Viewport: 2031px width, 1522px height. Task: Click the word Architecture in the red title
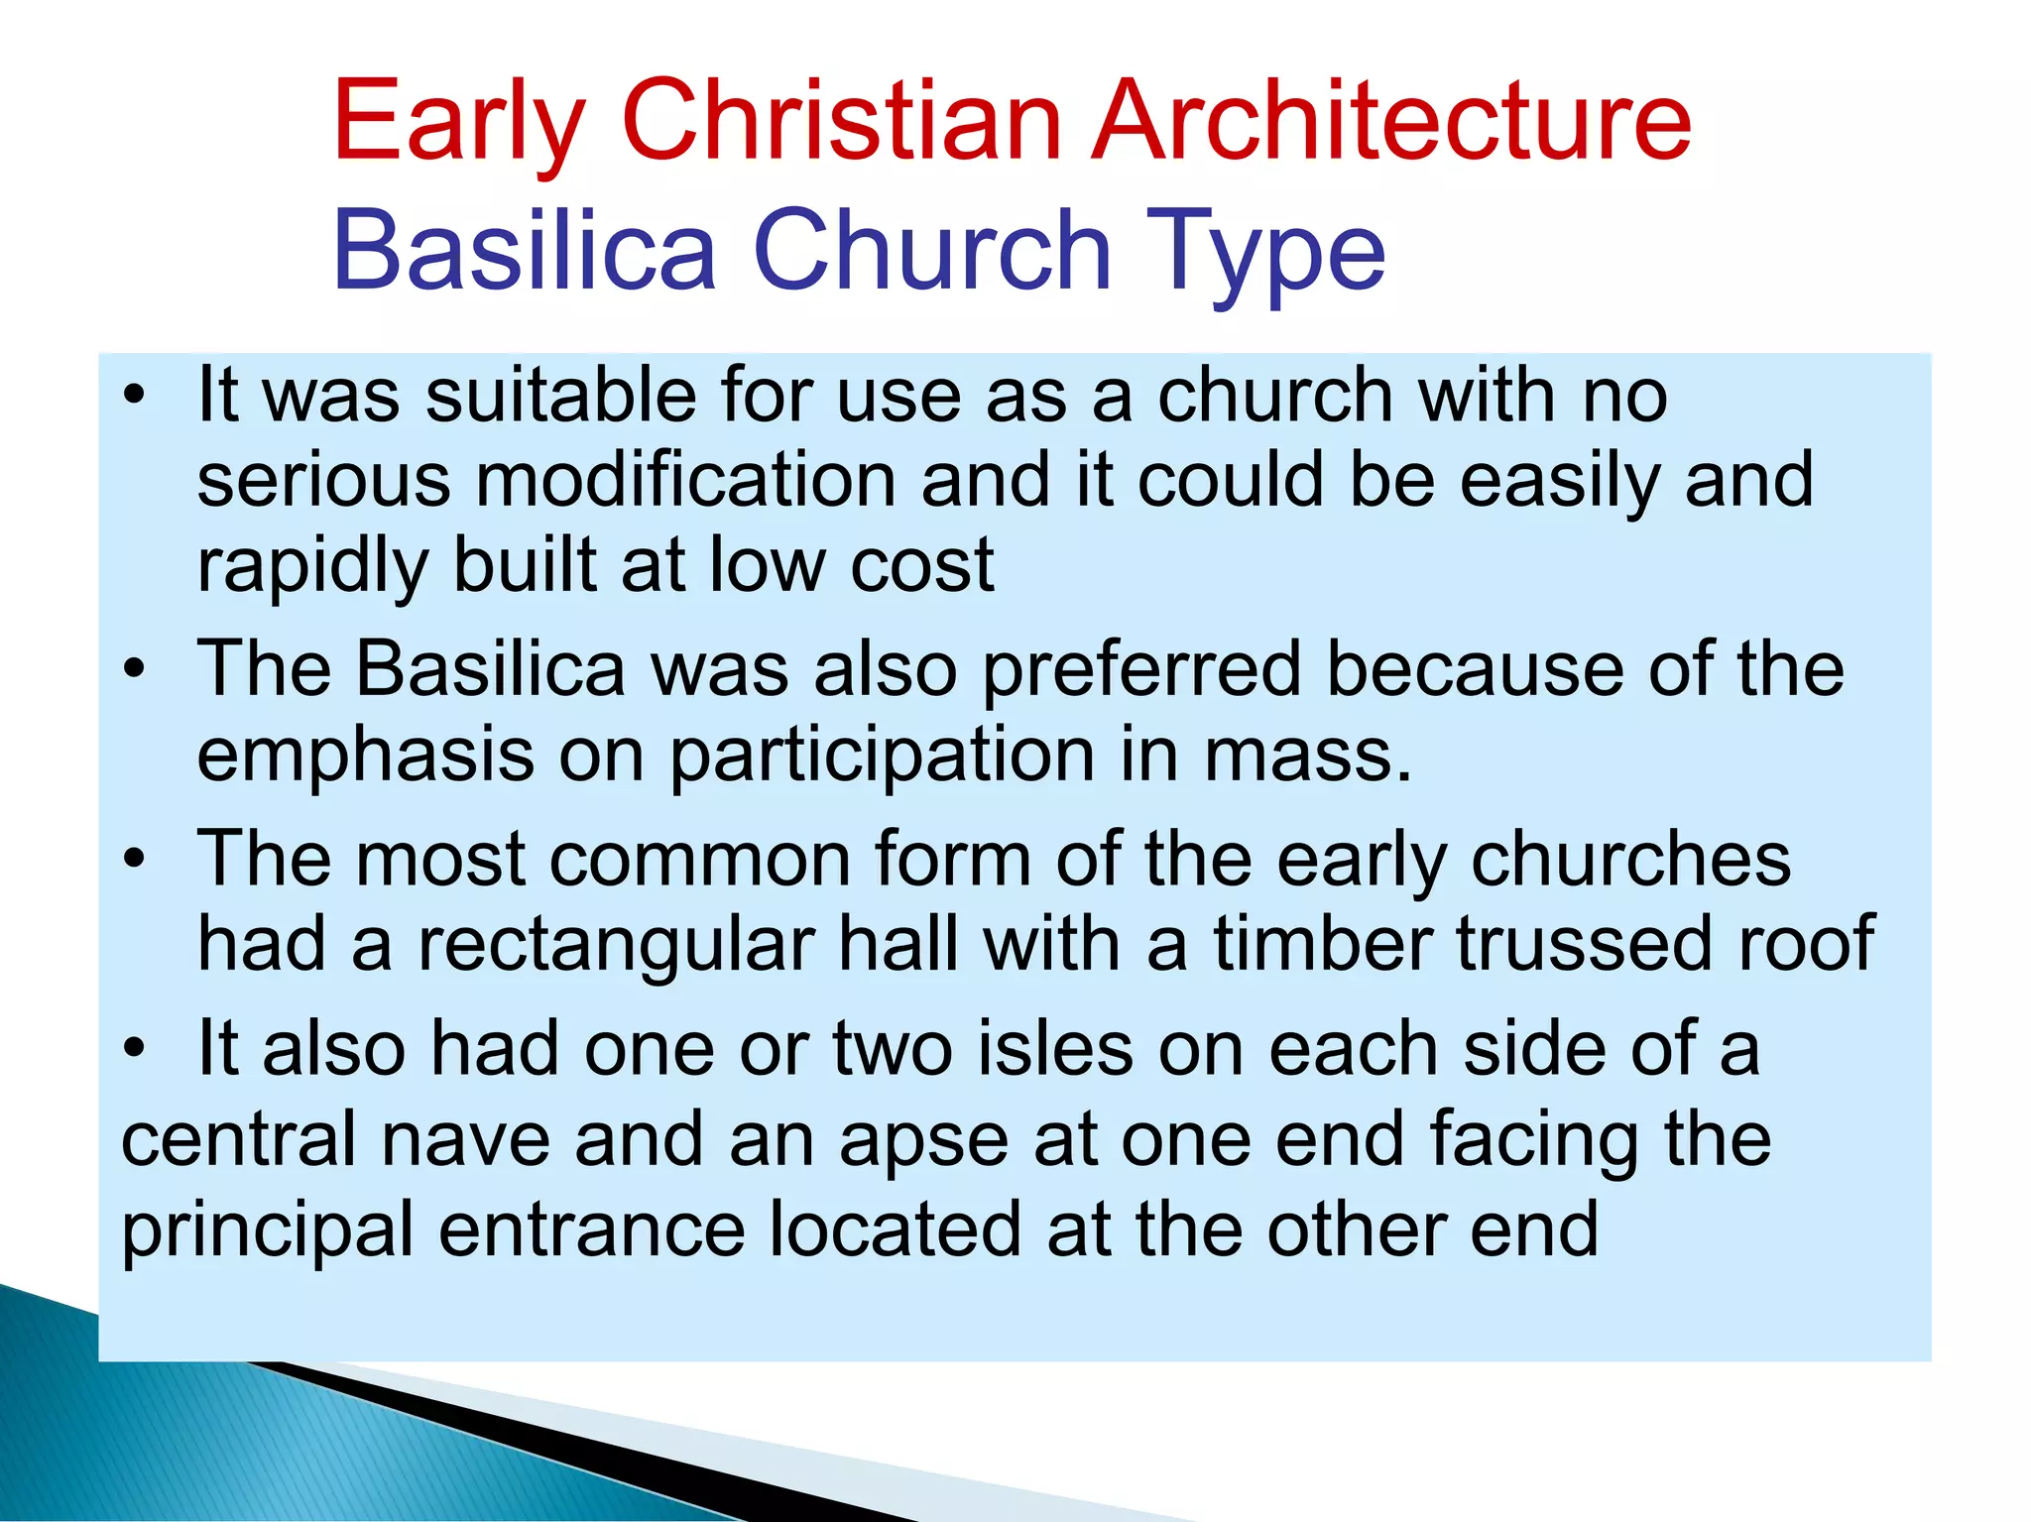[1390, 122]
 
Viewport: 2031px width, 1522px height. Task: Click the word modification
[684, 481]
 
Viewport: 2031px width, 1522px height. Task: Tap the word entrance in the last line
[591, 1230]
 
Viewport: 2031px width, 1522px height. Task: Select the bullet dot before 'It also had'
[135, 1049]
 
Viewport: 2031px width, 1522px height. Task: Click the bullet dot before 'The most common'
[135, 860]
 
